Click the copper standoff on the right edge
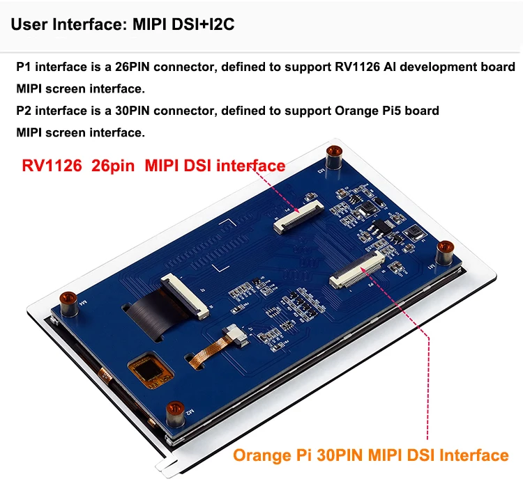pos(445,249)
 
